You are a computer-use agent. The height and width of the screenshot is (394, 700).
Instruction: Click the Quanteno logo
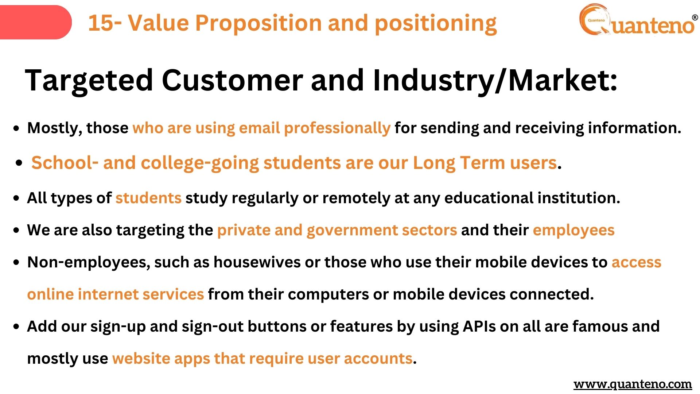point(638,20)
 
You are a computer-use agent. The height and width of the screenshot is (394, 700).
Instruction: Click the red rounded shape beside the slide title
point(35,22)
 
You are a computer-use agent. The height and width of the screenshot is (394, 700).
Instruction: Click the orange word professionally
point(337,128)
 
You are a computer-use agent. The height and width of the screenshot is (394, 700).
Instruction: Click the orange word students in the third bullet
point(148,198)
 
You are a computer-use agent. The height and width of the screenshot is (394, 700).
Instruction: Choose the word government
point(352,231)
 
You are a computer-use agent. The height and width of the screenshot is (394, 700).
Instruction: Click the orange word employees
point(573,231)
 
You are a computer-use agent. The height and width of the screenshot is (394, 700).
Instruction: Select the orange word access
point(636,263)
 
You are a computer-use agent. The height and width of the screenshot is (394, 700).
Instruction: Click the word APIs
point(479,327)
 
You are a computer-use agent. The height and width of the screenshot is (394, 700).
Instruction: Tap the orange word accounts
point(378,359)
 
